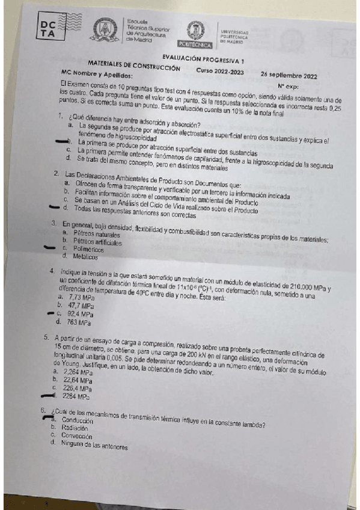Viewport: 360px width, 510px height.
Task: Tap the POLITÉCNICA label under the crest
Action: point(195,45)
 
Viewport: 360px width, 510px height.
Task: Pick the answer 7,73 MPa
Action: point(82,298)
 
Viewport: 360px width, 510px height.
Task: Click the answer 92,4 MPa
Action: point(80,314)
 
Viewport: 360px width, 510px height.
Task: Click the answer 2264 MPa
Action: point(76,397)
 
